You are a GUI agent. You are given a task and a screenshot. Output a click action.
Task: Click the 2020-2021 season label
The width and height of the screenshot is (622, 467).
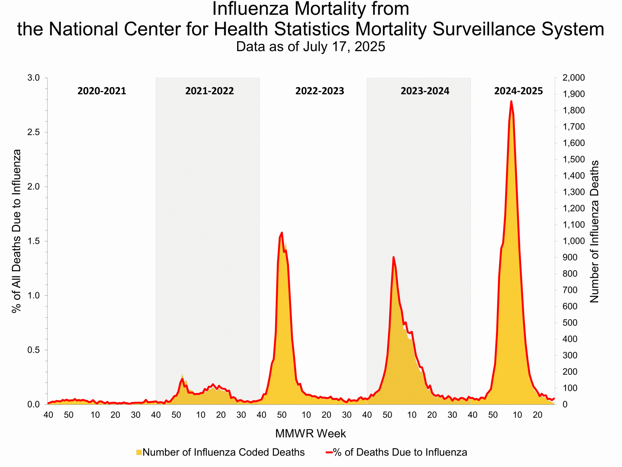102,91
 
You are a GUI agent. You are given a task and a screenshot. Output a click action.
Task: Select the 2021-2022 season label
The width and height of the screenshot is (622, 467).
209,91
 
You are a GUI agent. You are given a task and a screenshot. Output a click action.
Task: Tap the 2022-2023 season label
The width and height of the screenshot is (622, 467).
320,91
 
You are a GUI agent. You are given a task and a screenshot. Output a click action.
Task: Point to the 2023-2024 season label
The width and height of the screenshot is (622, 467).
425,91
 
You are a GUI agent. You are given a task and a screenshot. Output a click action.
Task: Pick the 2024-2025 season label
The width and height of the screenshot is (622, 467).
518,91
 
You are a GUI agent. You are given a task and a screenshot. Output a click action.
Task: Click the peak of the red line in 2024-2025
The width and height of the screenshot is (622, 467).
511,101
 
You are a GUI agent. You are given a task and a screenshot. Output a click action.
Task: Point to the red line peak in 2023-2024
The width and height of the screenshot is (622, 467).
393,257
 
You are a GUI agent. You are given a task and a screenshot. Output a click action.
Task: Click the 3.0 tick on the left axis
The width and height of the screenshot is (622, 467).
33,78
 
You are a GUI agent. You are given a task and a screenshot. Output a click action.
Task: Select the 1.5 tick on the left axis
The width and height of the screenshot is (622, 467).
33,241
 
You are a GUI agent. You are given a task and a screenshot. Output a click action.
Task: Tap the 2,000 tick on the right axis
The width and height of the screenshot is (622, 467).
573,78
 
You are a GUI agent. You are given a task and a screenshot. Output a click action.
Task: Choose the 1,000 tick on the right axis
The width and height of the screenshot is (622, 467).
573,241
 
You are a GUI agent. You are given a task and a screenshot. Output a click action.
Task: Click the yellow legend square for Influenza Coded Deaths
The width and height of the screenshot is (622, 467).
139,452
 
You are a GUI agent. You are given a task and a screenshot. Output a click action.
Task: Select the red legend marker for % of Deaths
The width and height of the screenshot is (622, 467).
329,452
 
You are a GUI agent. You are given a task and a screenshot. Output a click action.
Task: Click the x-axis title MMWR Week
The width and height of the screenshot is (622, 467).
311,433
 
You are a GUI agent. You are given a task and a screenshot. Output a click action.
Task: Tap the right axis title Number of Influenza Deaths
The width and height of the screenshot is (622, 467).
594,232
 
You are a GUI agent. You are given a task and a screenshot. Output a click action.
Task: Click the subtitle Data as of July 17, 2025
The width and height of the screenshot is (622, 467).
311,46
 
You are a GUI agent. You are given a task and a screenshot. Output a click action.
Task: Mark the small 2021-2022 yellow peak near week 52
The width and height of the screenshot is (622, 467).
182,376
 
